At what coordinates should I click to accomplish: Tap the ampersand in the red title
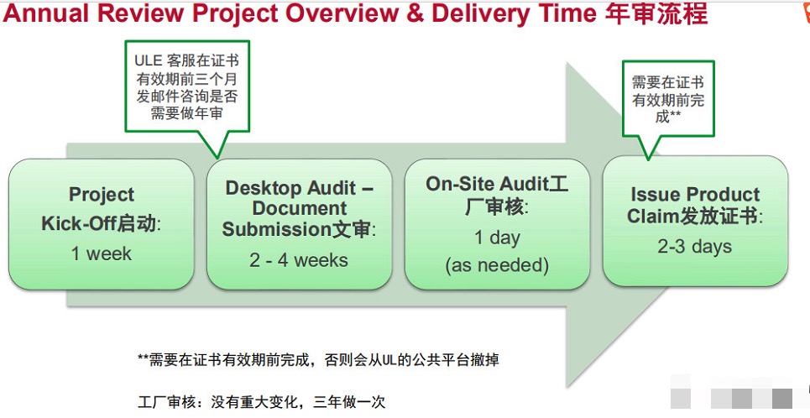point(415,13)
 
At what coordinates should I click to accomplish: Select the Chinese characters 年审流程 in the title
point(656,13)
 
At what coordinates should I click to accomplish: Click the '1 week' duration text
point(102,253)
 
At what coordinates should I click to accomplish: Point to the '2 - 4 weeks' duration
point(299,260)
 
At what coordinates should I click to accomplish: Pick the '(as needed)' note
point(497,265)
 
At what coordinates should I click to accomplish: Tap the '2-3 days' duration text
point(695,247)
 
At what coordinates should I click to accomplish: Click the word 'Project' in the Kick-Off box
point(102,195)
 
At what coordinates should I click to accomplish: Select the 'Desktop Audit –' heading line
point(299,187)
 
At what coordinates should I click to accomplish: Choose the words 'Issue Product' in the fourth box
point(695,195)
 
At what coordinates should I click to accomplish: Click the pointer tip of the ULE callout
point(217,158)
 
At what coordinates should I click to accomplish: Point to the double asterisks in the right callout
point(675,115)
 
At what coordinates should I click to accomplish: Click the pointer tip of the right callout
point(648,159)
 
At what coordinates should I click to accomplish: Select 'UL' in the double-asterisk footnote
point(389,359)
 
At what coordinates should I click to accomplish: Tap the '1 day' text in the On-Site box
point(497,238)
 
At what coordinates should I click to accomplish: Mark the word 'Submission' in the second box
point(276,229)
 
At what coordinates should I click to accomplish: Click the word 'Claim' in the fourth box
point(652,216)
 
